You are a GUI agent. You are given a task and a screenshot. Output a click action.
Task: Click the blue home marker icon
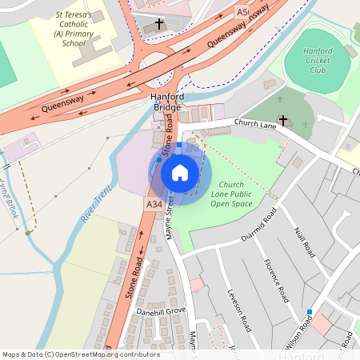click(180, 172)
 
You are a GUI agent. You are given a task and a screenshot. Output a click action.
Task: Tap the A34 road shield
click(154, 206)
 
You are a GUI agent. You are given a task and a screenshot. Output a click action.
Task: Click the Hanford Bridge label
click(167, 102)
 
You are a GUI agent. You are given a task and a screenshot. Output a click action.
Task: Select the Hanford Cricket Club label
click(318, 62)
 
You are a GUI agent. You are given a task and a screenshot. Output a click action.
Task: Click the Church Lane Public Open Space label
click(231, 194)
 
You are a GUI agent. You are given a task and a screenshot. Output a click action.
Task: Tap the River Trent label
click(95, 207)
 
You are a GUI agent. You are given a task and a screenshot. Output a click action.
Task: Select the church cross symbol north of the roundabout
click(158, 24)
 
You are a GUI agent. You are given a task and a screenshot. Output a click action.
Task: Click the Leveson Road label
click(240, 310)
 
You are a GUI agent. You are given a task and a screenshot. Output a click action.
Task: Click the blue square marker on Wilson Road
click(309, 311)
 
